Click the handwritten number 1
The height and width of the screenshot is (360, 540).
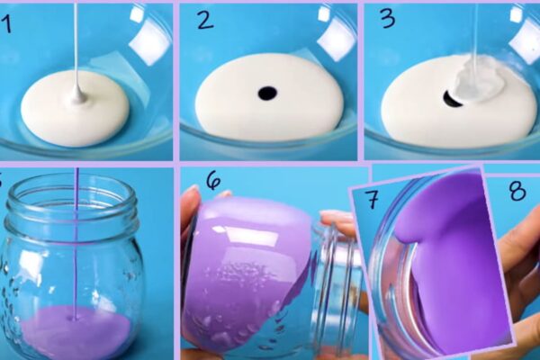click(x=7, y=24)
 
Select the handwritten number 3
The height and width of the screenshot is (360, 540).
click(x=388, y=18)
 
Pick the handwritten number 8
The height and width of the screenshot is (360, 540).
click(x=517, y=191)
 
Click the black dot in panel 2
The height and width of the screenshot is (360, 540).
click(x=267, y=93)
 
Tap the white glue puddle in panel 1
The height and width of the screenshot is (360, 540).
click(x=75, y=108)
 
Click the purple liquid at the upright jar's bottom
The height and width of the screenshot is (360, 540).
click(x=75, y=330)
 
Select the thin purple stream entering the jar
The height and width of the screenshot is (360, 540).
click(x=76, y=241)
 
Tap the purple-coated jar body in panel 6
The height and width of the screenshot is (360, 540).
click(x=247, y=269)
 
